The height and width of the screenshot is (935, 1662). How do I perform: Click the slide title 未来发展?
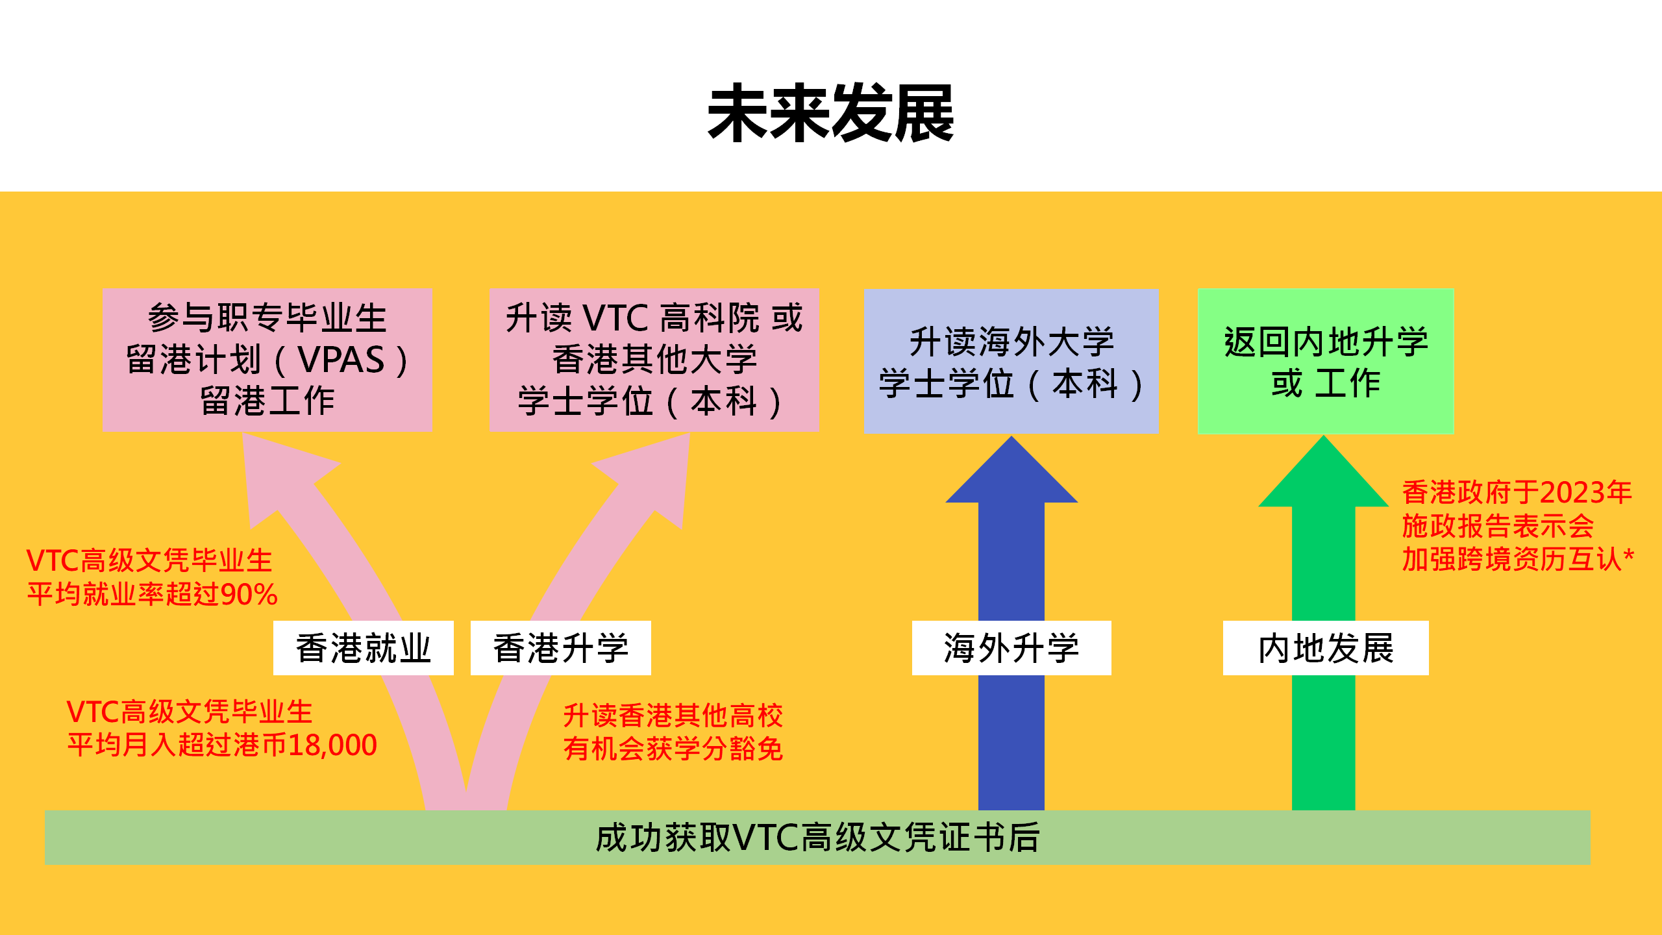tap(830, 114)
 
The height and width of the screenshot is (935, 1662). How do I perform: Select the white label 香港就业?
tap(363, 648)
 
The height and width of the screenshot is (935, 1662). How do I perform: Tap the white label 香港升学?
tap(560, 648)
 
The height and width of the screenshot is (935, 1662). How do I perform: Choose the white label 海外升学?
tap(1011, 648)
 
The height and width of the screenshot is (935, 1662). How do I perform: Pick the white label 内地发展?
tap(1325, 648)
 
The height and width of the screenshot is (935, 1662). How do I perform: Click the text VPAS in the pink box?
tap(341, 360)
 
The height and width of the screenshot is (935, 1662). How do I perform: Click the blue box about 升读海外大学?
tap(1011, 361)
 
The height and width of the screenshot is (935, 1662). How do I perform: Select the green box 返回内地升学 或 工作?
tap(1325, 361)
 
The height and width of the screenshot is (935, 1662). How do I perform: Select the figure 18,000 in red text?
tap(332, 745)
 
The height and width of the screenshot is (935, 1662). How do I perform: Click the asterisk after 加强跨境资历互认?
tap(1628, 556)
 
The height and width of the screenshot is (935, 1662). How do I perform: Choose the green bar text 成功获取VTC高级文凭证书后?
tap(817, 838)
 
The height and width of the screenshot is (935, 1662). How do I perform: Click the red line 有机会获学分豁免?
tap(673, 749)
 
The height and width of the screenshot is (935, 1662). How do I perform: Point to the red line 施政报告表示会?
tap(1497, 526)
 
